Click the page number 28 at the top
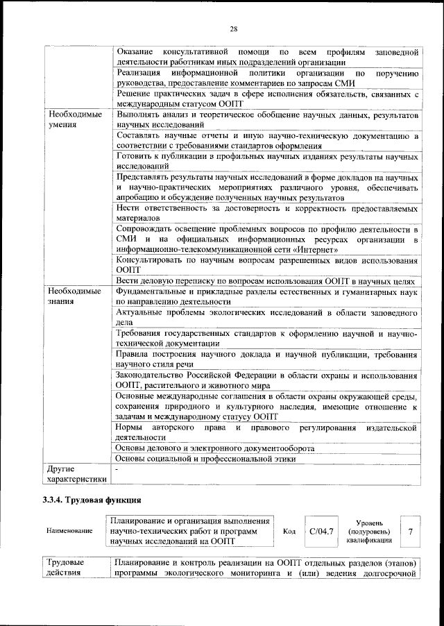(x=234, y=28)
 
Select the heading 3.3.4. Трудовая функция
(x=92, y=500)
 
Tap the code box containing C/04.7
(x=321, y=531)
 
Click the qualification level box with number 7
(x=411, y=531)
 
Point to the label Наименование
(x=69, y=531)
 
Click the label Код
(x=290, y=531)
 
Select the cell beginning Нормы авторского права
(x=266, y=432)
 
